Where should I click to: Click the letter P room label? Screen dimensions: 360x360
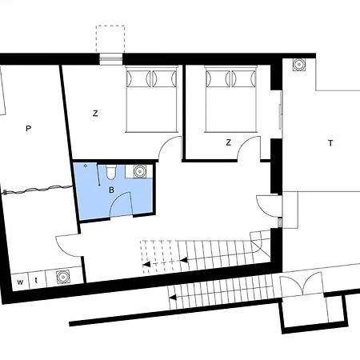pyautogui.click(x=28, y=129)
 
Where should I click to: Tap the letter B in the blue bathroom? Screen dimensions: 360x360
pyautogui.click(x=112, y=190)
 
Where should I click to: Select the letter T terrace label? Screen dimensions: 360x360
pyautogui.click(x=330, y=143)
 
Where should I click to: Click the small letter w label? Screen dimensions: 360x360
pyautogui.click(x=20, y=282)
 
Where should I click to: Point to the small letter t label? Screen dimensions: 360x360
pyautogui.click(x=36, y=281)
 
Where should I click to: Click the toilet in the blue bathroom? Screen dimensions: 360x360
pyautogui.click(x=110, y=172)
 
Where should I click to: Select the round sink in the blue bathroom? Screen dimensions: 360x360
pyautogui.click(x=139, y=171)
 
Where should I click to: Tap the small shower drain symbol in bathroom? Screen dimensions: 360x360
pyautogui.click(x=86, y=166)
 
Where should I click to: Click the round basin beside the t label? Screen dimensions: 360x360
pyautogui.click(x=63, y=277)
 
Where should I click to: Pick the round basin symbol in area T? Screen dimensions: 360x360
pyautogui.click(x=298, y=65)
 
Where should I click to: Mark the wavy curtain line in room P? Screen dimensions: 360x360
pyautogui.click(x=38, y=189)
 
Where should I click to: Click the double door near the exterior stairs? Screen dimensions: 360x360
pyautogui.click(x=302, y=283)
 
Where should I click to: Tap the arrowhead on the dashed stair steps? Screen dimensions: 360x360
pyautogui.click(x=146, y=265)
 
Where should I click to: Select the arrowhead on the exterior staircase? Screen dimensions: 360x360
pyautogui.click(x=173, y=297)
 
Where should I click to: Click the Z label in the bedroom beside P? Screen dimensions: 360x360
pyautogui.click(x=95, y=114)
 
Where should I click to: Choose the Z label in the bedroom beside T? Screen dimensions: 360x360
pyautogui.click(x=228, y=142)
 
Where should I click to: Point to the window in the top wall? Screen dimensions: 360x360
pyautogui.click(x=111, y=58)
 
